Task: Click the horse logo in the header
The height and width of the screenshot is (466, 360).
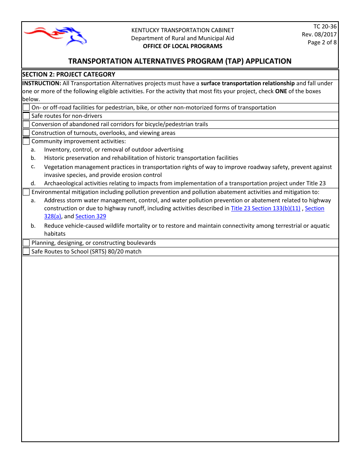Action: coord(55,36)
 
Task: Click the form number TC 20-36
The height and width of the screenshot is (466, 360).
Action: coord(325,27)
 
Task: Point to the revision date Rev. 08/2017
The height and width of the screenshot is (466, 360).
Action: coord(319,34)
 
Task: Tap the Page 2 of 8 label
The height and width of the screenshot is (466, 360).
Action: coord(322,42)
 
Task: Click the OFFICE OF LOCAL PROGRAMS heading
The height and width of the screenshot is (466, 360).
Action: coord(182,46)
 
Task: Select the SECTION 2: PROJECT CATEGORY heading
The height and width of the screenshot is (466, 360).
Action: coord(69,74)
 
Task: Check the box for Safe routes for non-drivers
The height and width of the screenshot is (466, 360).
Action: coord(26,116)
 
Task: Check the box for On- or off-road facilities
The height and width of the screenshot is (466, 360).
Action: coord(26,108)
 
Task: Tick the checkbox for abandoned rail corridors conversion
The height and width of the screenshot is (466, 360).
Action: coord(26,124)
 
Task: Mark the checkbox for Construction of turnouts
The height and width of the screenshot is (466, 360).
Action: coord(26,133)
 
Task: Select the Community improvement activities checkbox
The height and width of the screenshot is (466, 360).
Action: coord(26,141)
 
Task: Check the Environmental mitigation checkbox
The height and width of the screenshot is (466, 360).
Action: coord(26,192)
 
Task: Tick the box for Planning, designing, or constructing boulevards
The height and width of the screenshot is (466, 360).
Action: coord(26,243)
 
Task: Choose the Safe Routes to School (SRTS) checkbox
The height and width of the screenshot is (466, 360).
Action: coord(26,252)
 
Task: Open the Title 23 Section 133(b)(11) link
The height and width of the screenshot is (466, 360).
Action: coord(265,208)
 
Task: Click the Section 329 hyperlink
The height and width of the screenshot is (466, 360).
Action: coord(91,216)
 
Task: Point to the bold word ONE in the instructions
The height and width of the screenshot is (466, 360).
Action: coord(281,91)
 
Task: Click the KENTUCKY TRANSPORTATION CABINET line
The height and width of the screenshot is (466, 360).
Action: coord(182,30)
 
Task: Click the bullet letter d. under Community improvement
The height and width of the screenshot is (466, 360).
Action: coord(33,183)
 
